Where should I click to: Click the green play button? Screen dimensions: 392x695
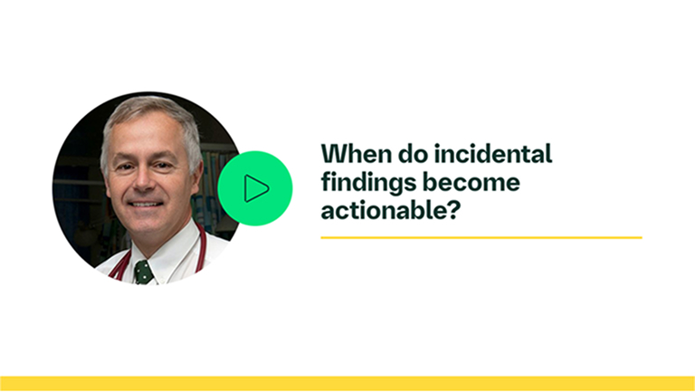[255, 188]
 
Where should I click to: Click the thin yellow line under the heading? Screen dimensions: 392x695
[481, 237]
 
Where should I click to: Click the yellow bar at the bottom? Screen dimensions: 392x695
[347, 384]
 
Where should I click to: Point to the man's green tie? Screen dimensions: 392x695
[143, 271]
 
